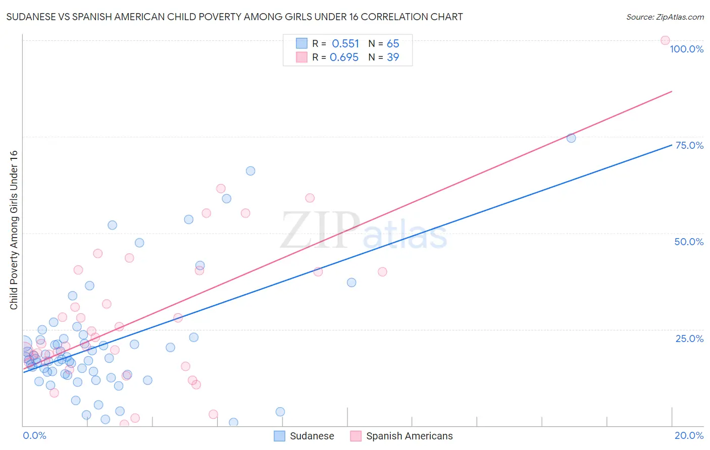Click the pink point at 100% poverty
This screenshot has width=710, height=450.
(x=665, y=40)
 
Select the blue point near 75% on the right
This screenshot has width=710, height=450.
(x=571, y=138)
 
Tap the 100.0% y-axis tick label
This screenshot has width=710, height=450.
(x=686, y=49)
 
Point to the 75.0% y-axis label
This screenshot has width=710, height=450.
(x=689, y=145)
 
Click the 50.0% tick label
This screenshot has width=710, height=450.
(x=689, y=242)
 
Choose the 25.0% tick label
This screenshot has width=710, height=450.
(x=689, y=339)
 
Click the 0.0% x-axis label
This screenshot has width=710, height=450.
(x=34, y=435)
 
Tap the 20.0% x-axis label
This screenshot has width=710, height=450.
(x=689, y=435)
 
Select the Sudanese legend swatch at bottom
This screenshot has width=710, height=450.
(x=279, y=436)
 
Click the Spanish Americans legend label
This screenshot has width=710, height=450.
(x=409, y=436)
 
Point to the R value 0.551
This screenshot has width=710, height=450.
(x=345, y=44)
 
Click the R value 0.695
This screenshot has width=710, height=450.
(x=344, y=58)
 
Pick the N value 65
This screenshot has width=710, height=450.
(x=393, y=44)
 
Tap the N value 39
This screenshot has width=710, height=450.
(x=393, y=58)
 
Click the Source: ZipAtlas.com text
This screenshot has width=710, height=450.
(x=665, y=17)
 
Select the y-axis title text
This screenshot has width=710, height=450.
(x=14, y=230)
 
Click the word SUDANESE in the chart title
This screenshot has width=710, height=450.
(x=32, y=17)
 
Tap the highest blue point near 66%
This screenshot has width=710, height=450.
(x=250, y=171)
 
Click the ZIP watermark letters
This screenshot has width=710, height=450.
(x=320, y=230)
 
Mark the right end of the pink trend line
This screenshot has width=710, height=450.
(x=672, y=91)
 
